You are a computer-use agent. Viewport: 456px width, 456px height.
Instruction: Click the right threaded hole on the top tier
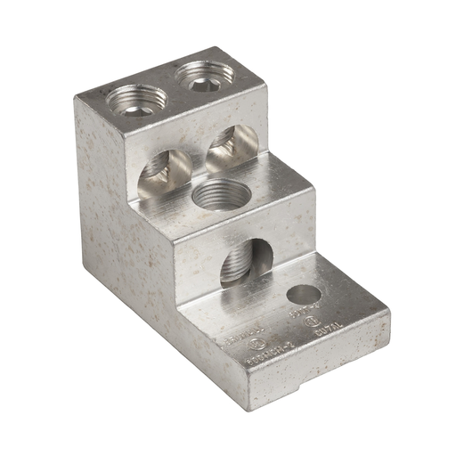pyautogui.click(x=199, y=73)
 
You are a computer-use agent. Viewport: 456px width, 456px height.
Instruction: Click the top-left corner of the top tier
pyautogui.click(x=77, y=94)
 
